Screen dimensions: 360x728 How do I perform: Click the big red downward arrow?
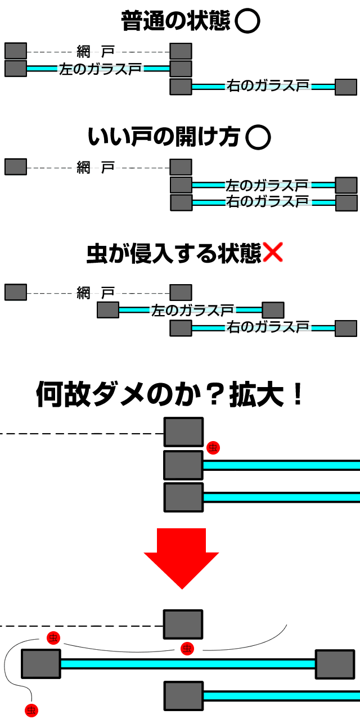point(181,557)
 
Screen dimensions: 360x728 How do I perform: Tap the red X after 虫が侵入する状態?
point(272,253)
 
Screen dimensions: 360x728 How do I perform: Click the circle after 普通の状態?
point(247,21)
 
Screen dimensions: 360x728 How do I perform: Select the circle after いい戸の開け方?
point(258,137)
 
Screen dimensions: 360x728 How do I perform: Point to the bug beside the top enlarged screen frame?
point(213,447)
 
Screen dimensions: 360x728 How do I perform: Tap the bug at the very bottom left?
point(31,711)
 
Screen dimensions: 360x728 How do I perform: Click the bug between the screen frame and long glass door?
point(187,648)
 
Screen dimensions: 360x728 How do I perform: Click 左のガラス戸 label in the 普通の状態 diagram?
point(100,69)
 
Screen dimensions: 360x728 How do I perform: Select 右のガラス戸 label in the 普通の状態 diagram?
point(268,86)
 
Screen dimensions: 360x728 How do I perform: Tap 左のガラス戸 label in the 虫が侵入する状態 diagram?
point(192,310)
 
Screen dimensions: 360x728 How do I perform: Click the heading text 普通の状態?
point(175,21)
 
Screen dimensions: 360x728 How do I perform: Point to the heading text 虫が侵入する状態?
point(174,254)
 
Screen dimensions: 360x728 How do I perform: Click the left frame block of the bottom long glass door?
point(41,664)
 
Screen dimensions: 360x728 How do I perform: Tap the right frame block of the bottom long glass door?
point(335,664)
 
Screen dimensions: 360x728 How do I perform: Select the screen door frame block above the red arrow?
point(183,432)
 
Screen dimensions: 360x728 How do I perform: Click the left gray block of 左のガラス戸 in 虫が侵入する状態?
point(108,310)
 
